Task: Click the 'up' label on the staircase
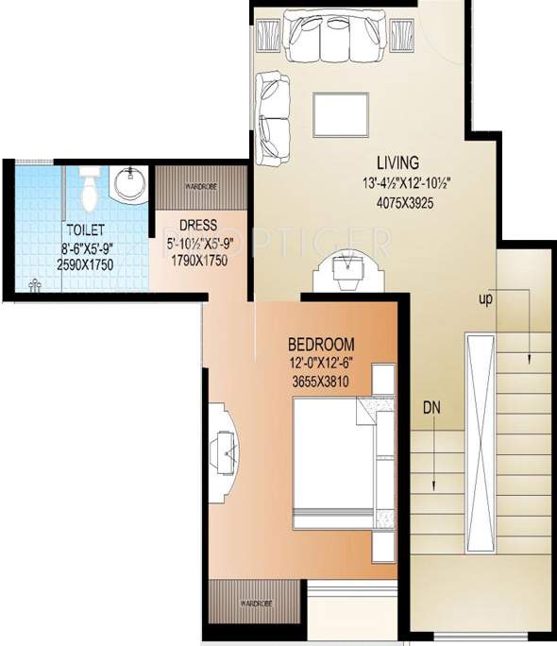(x=487, y=299)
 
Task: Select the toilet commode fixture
(x=89, y=187)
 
